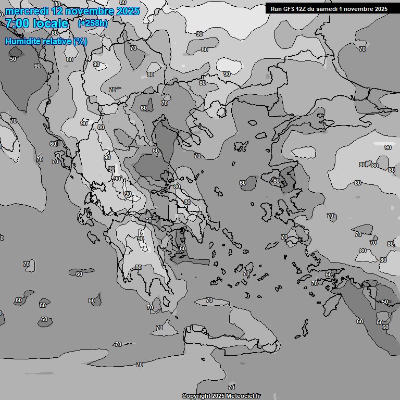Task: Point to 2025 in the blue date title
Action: (x=127, y=11)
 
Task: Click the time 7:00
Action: (x=18, y=24)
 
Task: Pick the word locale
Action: (x=51, y=24)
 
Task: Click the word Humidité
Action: (x=21, y=41)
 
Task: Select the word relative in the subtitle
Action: (x=54, y=41)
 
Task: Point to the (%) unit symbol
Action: (x=80, y=41)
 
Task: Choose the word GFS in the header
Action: (x=290, y=9)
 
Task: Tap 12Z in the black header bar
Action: (x=304, y=9)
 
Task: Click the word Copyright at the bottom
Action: (x=196, y=396)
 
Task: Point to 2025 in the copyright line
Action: (x=219, y=396)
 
